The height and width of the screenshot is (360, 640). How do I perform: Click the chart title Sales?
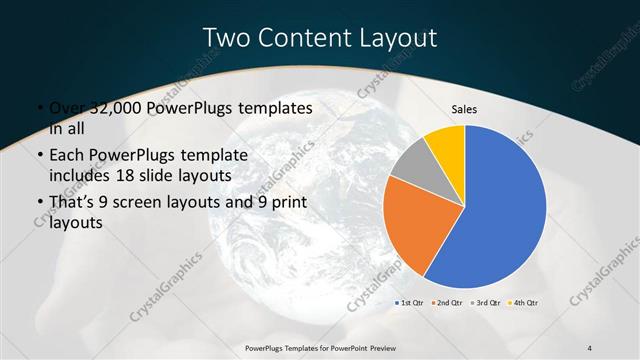[465, 108]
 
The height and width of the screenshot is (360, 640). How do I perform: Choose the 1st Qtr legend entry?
[410, 301]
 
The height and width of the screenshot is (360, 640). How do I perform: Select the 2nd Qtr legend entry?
[446, 301]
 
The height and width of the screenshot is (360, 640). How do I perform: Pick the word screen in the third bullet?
[146, 203]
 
